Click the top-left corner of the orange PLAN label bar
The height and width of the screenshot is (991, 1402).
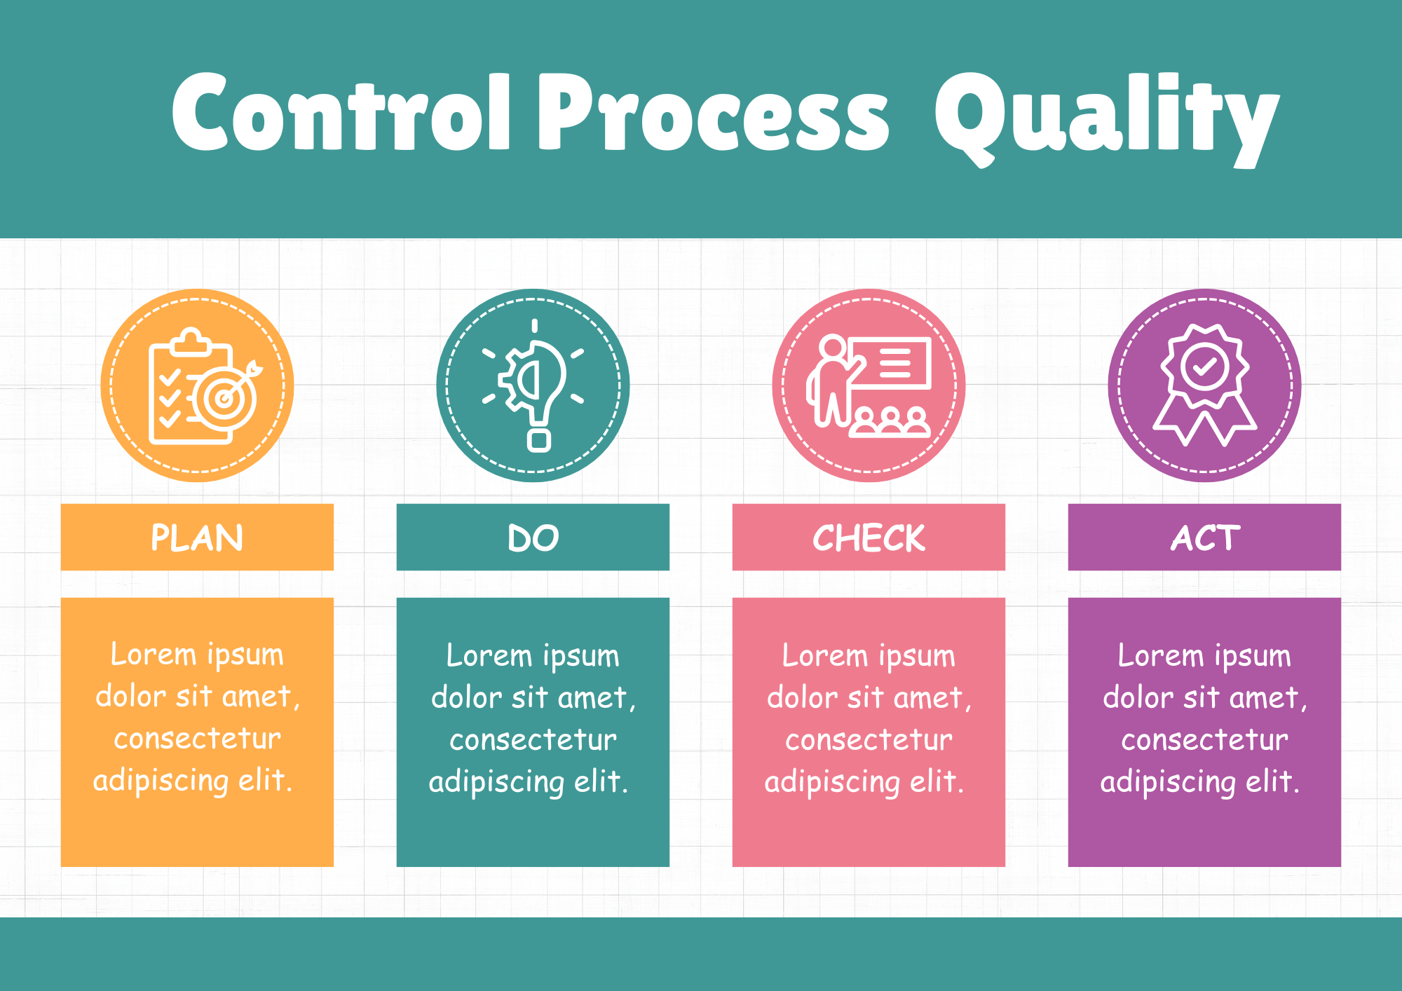tap(61, 504)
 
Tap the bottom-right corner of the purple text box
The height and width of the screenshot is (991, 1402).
tap(1341, 867)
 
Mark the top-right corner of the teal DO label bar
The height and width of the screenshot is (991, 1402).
tap(669, 504)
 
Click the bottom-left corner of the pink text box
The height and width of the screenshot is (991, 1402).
tap(733, 867)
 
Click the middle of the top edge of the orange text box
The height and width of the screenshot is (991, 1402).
tap(197, 598)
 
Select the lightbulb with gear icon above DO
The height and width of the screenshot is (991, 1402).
tap(533, 385)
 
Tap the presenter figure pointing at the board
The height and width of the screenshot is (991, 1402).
tap(830, 381)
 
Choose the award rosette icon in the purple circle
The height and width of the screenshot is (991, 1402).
tap(1205, 385)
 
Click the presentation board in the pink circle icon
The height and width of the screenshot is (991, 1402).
tap(890, 363)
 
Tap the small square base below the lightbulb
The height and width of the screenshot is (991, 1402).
tap(538, 440)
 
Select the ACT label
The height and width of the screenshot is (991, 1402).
tap(1205, 538)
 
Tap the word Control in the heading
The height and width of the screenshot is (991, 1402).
tap(341, 112)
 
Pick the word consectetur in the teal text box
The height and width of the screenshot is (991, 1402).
tap(533, 740)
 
